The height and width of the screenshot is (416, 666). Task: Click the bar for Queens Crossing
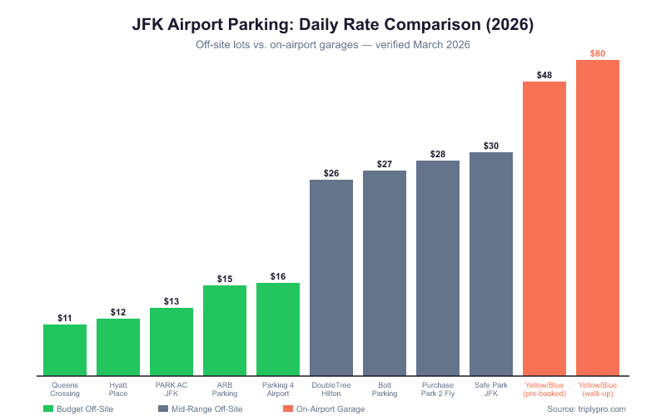coord(65,349)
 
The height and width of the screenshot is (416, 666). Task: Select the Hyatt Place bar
coord(118,346)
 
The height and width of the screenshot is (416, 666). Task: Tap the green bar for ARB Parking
coord(225,329)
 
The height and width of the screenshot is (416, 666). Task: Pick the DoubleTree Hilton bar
coord(331,277)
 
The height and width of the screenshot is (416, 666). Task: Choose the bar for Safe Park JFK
coord(491,263)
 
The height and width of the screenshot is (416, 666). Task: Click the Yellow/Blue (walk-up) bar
coord(598,217)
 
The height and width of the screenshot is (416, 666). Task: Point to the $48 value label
coord(544,75)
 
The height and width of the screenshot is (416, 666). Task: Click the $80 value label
coord(598,53)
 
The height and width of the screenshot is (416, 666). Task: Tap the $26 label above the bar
coord(331,173)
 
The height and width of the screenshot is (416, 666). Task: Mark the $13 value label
coord(171,301)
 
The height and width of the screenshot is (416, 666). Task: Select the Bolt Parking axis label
coord(385,389)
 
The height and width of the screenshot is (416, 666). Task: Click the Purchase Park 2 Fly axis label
coord(438,389)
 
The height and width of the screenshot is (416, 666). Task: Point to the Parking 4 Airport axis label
coord(278,389)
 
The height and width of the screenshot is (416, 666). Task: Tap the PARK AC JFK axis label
coord(171,389)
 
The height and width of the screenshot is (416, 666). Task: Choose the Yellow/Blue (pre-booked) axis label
coord(544,389)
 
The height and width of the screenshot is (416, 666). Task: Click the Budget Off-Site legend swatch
coord(48,409)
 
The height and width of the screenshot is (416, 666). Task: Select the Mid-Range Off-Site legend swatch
coord(162,409)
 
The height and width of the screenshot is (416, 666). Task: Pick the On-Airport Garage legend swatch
coord(288,409)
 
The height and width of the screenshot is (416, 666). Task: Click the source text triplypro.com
coord(586,409)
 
